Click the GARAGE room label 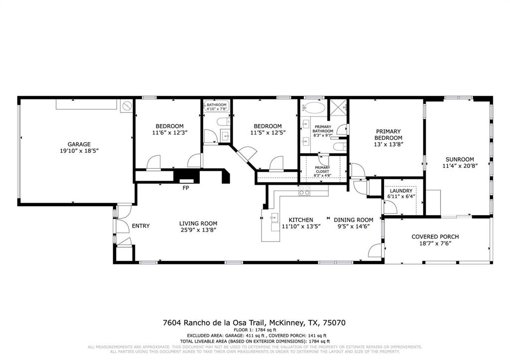coord(79,144)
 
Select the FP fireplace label coord(186,188)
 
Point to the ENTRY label coord(140,226)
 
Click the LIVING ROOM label coord(198,224)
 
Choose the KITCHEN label coord(301,220)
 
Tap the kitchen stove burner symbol coord(304,190)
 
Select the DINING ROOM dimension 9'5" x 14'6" coord(354,226)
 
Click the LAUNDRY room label coord(401,191)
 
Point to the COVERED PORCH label coord(435,237)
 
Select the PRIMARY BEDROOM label coord(388,134)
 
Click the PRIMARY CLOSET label coord(322,169)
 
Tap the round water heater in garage coord(127,106)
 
